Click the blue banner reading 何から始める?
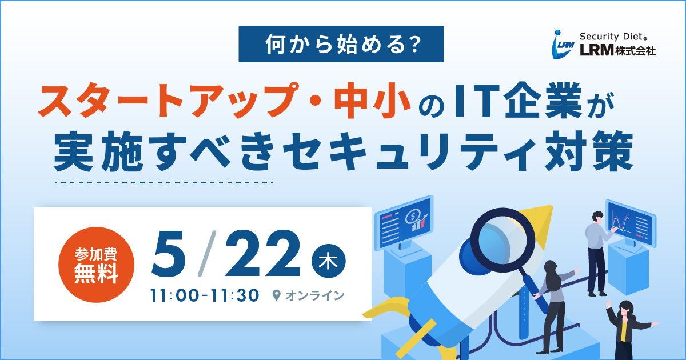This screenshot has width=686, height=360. coord(341,44)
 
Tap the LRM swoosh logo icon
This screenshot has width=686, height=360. coord(563,45)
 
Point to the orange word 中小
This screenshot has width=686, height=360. coord(372,101)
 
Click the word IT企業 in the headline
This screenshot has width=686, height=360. coord(518,100)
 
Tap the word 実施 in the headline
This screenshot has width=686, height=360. coord(99,151)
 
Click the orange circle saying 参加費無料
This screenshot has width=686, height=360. coord(96,265)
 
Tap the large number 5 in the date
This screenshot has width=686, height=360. coord(169,254)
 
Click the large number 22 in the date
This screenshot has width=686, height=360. coord(263,253)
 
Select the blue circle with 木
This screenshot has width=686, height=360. coord(329,261)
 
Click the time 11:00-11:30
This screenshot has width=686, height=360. coord(205,295)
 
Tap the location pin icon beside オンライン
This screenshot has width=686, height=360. coord(276,295)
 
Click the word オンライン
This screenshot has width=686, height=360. coord(315,295)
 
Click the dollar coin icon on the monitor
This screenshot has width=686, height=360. coord(412,217)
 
